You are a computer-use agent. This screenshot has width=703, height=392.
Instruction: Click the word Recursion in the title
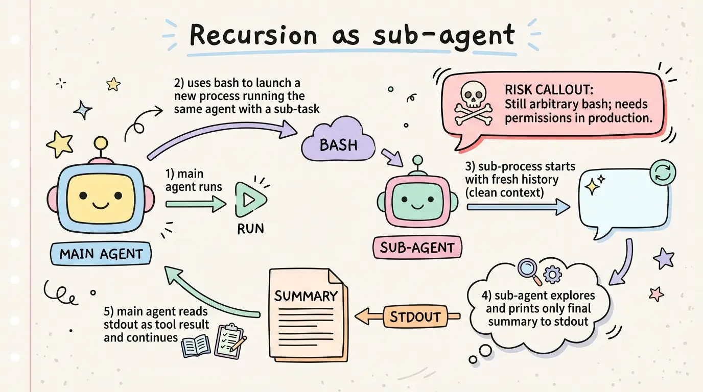[x=253, y=36]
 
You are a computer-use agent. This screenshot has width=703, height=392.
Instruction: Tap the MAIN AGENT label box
[x=101, y=254]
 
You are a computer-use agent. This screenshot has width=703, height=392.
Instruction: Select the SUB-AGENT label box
[x=417, y=248]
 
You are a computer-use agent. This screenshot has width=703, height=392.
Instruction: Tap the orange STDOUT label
[x=415, y=316]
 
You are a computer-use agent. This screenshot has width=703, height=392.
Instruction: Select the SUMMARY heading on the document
[x=306, y=296]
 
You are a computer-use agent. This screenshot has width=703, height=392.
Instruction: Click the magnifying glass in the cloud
[x=527, y=268]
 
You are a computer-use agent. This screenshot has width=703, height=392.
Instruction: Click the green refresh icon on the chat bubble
[x=662, y=174]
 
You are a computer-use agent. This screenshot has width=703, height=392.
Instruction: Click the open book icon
[x=196, y=346]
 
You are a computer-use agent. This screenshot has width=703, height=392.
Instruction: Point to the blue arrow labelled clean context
[x=518, y=207]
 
